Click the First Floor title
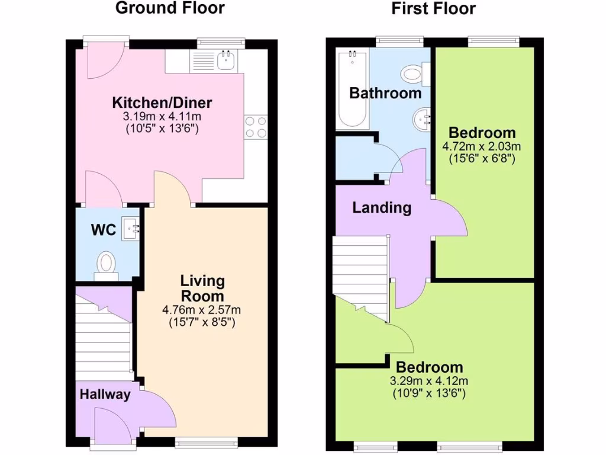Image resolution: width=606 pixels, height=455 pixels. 434,8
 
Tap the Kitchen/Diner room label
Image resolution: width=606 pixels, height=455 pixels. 162,103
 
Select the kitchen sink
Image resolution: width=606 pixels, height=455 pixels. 225,60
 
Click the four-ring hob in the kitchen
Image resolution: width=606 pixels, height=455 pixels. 255,127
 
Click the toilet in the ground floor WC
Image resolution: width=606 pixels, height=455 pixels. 107,264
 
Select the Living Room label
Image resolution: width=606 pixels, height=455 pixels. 202,288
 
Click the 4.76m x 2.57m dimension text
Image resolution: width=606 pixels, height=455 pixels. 201,310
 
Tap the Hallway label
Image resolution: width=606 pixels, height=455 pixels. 105,395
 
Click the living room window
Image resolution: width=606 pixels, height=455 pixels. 208,441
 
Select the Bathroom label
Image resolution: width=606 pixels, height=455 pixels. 385,93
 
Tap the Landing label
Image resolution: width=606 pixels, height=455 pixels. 381,208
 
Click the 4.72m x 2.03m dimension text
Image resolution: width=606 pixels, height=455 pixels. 482,146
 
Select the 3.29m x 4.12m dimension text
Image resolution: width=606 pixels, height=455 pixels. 429,381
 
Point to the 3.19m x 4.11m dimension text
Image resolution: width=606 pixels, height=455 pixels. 162,116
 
